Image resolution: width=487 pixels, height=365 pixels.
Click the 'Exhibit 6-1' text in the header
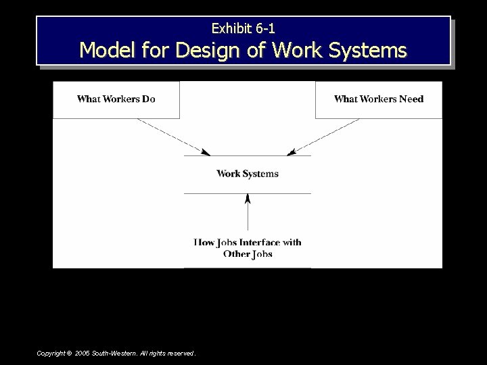click(x=243, y=28)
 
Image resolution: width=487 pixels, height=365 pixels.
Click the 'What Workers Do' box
click(x=116, y=99)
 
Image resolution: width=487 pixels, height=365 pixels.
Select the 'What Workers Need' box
click(x=379, y=99)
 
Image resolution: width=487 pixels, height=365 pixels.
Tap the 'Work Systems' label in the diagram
click(x=248, y=174)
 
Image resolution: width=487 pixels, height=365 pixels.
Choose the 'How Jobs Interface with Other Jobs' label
click(x=248, y=247)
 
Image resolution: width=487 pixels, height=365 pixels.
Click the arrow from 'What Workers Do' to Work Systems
click(x=172, y=136)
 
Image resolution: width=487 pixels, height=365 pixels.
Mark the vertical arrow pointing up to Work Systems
click(x=248, y=212)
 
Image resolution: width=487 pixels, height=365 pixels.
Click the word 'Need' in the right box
click(x=411, y=99)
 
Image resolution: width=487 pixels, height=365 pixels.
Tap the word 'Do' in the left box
click(x=148, y=99)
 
